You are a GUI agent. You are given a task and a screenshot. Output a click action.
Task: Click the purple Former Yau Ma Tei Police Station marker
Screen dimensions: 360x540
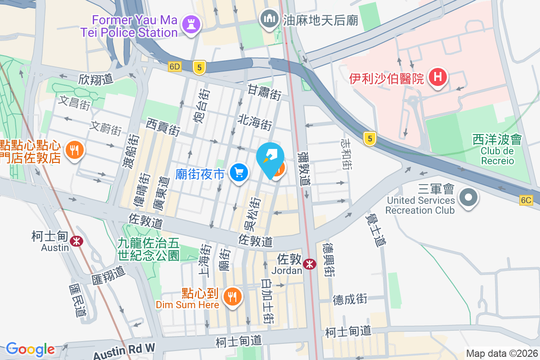pos(189,26)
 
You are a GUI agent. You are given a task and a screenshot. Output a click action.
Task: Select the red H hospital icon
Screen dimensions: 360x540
pos(437,77)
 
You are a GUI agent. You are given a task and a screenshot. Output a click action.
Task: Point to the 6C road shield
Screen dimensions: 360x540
pos(526,200)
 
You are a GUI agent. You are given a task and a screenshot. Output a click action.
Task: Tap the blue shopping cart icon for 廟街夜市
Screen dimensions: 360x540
pos(238,172)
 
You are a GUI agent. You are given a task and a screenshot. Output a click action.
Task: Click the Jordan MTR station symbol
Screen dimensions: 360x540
pos(309,264)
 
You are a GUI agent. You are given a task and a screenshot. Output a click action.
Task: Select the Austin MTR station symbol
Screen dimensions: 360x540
pos(77,241)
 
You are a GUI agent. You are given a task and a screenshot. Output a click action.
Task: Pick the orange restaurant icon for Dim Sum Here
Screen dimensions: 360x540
pos(232,297)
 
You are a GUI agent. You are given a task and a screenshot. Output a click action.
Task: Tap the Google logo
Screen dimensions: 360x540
pos(30,349)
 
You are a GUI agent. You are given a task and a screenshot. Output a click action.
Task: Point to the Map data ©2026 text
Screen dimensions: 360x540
pos(501,354)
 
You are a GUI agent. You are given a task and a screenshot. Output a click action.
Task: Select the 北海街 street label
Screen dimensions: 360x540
pos(255,121)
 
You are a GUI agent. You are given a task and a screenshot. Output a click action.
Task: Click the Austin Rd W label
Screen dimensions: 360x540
pos(124,351)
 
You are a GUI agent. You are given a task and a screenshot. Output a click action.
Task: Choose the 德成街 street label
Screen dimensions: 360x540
pos(350,299)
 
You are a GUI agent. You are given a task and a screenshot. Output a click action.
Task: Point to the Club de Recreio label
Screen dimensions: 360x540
pos(497,156)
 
